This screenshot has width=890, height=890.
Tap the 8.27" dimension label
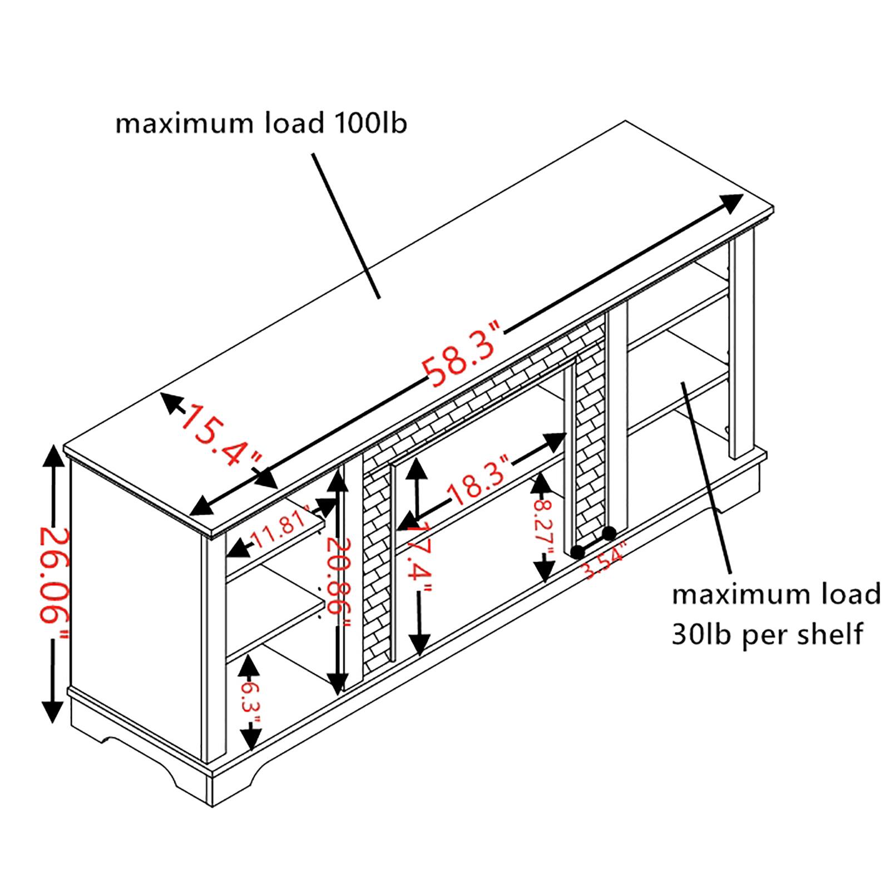pyautogui.click(x=543, y=520)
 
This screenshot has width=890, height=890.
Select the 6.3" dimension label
pyautogui.click(x=251, y=703)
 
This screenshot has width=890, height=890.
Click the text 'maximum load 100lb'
pyautogui.click(x=261, y=123)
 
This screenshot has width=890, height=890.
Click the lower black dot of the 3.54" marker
pyautogui.click(x=577, y=552)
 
